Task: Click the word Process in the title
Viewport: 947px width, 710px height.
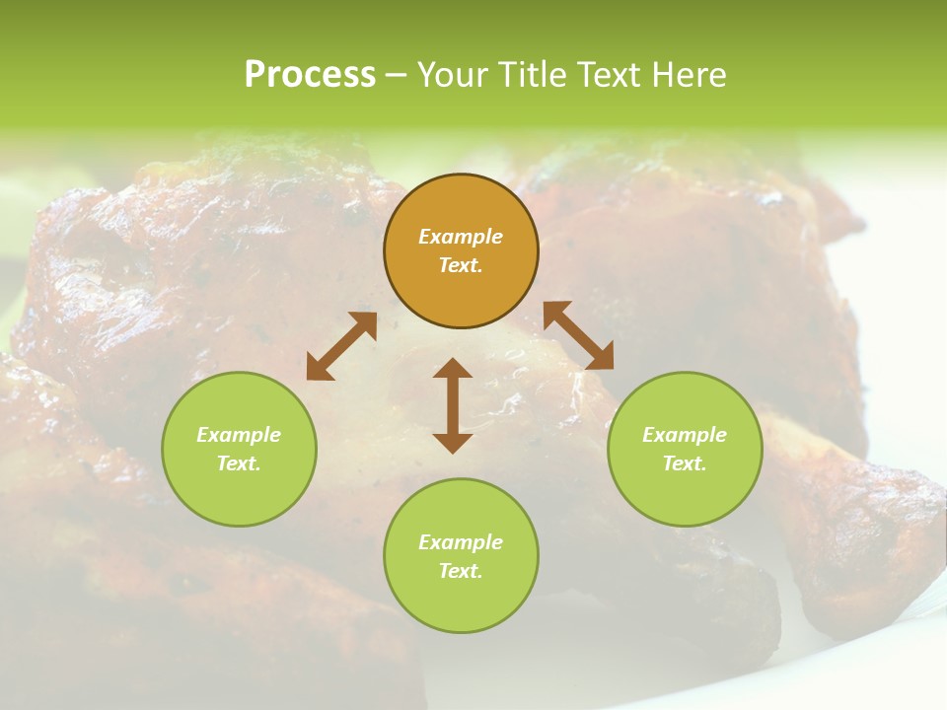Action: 310,75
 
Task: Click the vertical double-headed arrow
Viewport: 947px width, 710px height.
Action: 453,405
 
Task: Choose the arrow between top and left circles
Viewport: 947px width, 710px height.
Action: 341,346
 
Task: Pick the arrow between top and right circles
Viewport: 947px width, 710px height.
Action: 578,335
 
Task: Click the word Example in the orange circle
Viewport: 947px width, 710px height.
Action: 461,237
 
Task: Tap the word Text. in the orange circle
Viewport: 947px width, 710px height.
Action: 461,265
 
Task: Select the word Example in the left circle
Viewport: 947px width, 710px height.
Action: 239,435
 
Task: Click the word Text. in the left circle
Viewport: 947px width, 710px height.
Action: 239,463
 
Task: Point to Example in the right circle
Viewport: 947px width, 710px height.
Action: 685,435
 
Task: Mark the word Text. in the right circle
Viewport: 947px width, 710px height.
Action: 685,463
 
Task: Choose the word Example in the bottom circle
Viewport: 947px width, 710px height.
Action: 461,542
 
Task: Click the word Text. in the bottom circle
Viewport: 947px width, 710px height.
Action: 461,571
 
